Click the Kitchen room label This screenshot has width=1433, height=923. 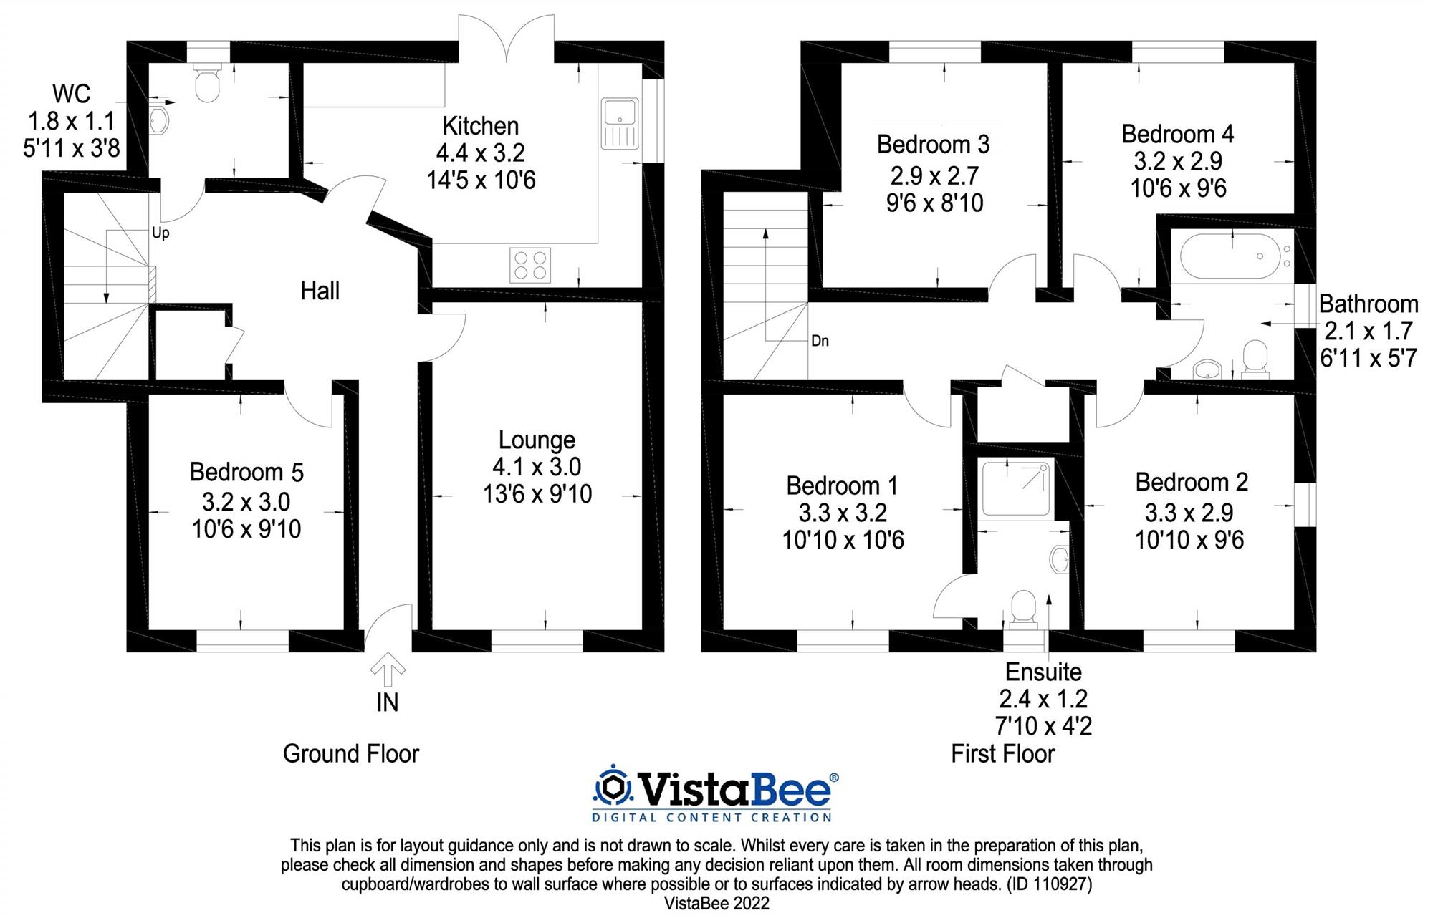pyautogui.click(x=480, y=126)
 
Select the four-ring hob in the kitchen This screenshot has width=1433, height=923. pyautogui.click(x=530, y=264)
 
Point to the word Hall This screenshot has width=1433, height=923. pyautogui.click(x=320, y=291)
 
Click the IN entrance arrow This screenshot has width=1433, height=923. pyautogui.click(x=388, y=670)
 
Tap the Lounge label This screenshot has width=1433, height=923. pyautogui.click(x=537, y=440)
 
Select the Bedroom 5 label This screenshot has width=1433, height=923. pyautogui.click(x=246, y=473)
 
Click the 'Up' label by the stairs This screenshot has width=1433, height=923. pyautogui.click(x=160, y=233)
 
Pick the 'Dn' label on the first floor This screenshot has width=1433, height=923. pyautogui.click(x=820, y=341)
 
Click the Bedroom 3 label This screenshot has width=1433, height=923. pyautogui.click(x=933, y=145)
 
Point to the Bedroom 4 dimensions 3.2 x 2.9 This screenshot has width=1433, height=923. pyautogui.click(x=1178, y=161)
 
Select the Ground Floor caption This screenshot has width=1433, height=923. pyautogui.click(x=350, y=754)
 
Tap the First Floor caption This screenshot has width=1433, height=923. pyautogui.click(x=1002, y=754)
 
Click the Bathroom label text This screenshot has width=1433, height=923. pyautogui.click(x=1368, y=304)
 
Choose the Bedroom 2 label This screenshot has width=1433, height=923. pyautogui.click(x=1192, y=483)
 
